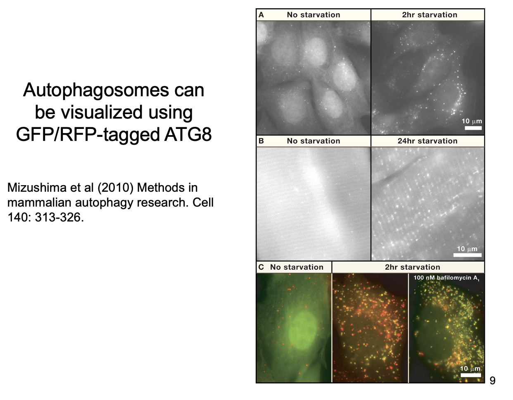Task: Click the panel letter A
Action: [261, 15]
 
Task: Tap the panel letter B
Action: [261, 141]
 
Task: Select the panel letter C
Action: [261, 267]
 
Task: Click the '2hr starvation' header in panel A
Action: [430, 15]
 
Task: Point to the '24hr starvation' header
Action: [427, 141]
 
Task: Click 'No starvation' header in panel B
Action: [313, 141]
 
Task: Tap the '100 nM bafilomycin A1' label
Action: [446, 278]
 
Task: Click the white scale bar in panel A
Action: [473, 128]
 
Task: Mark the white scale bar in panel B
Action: [467, 255]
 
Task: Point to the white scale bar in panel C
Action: [471, 375]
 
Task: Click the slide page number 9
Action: [492, 381]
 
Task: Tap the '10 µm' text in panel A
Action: [472, 121]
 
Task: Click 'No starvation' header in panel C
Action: [297, 267]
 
